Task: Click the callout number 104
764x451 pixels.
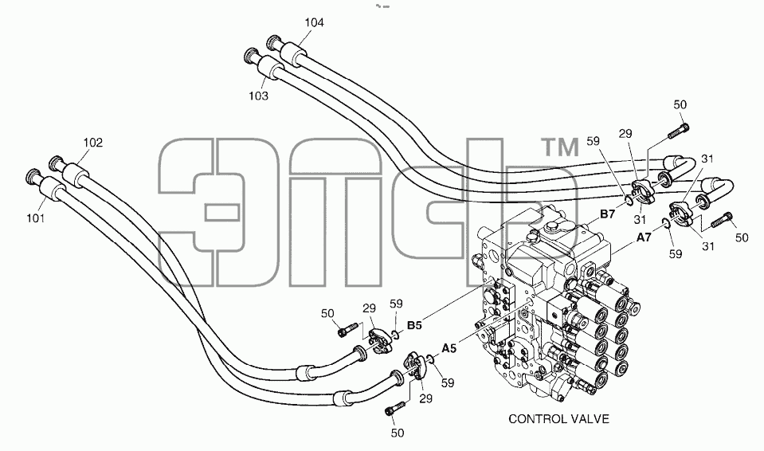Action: [314, 22]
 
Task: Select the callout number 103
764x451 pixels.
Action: [258, 96]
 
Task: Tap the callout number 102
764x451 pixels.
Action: [93, 143]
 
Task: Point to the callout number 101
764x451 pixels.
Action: [36, 218]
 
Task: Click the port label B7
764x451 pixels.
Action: [608, 214]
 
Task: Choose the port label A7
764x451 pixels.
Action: [645, 237]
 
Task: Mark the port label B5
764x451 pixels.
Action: [414, 325]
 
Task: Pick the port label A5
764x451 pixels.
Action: [449, 348]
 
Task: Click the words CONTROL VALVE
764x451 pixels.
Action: [559, 419]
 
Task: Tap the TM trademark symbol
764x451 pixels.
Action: [561, 147]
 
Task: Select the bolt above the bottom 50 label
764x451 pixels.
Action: [395, 408]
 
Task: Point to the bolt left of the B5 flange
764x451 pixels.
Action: [348, 329]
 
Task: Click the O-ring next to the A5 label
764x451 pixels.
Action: [430, 360]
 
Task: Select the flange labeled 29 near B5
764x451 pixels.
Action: [379, 339]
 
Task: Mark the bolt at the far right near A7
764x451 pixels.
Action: [722, 221]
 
